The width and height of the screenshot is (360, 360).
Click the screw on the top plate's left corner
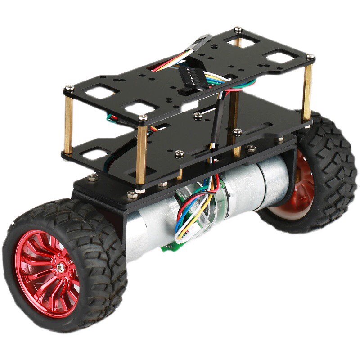(x=69, y=89)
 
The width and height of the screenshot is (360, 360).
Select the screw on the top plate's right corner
(x=310, y=57)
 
